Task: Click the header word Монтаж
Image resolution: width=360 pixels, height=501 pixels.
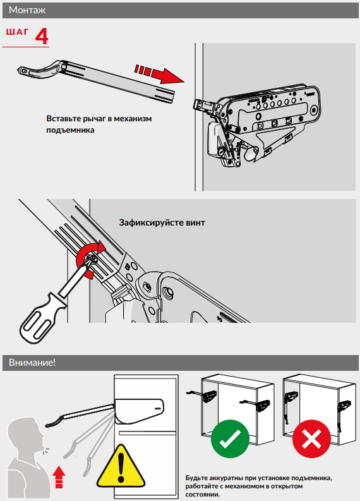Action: pos(27,10)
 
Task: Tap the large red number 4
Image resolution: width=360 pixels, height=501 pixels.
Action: pos(42,37)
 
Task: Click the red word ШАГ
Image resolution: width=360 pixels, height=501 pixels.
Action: pos(17,32)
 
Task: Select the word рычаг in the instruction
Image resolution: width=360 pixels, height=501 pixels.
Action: pos(94,119)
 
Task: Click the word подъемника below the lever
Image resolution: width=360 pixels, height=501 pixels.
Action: pos(70,130)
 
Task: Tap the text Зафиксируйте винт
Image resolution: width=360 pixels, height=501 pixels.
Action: pos(162,222)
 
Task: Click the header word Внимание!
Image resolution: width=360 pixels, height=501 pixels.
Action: pos(32,363)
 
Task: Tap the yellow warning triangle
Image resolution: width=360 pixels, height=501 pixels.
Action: pos(121,467)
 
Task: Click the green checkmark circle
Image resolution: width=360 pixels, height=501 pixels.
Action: pos(230,438)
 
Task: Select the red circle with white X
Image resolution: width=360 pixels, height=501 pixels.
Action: pos(311,438)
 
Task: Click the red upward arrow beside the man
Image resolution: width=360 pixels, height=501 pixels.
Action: pos(59,477)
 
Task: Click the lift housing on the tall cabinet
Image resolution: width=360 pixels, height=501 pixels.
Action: pos(140,410)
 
